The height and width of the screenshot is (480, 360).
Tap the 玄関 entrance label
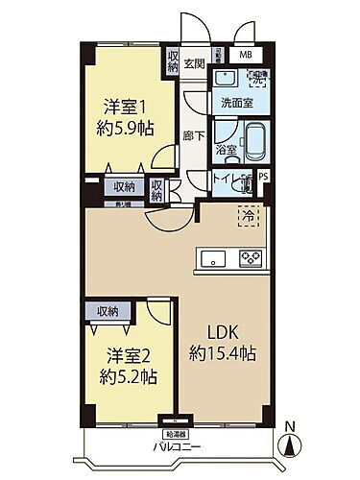(196, 63)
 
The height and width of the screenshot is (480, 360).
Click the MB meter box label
(247, 57)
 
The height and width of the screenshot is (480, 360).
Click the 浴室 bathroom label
(226, 150)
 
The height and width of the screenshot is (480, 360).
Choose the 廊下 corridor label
(192, 135)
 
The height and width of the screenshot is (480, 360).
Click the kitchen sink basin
(213, 258)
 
